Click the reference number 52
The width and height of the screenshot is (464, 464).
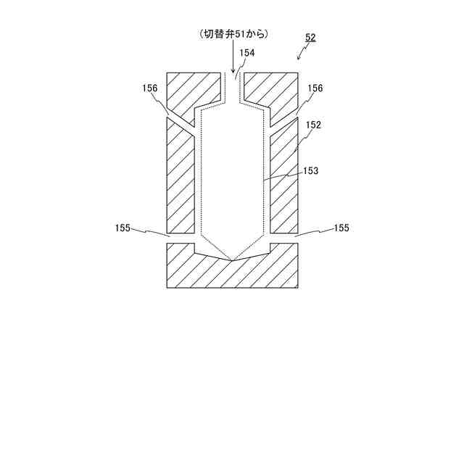tap(310, 38)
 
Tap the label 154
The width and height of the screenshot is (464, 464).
tap(247, 52)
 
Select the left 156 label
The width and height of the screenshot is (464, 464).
tap(150, 88)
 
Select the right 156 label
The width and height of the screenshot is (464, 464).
tap(315, 88)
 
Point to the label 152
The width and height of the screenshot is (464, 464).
tap(313, 125)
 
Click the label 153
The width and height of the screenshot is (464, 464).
tap(310, 171)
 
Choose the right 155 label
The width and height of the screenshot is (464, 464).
tap(341, 228)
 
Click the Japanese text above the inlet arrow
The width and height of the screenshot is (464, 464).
tap(233, 34)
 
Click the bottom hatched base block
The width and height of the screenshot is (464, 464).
tap(232, 274)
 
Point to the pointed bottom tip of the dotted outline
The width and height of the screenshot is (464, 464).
tap(232, 260)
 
